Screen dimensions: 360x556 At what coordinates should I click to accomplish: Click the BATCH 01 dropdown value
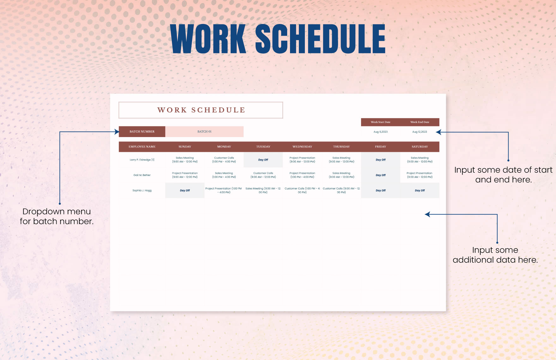point(204,132)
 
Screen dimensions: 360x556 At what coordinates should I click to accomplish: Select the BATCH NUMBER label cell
point(142,132)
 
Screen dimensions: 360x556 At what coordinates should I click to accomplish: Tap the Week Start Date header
point(380,122)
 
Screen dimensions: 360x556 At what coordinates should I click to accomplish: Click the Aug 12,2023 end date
point(420,132)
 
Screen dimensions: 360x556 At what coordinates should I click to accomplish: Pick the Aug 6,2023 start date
point(380,132)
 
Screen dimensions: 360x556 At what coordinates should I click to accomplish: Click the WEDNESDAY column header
point(302,147)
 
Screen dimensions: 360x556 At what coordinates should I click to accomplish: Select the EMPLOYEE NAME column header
point(142,147)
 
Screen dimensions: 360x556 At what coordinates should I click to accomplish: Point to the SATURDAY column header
point(420,147)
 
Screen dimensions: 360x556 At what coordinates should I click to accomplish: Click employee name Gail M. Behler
point(142,175)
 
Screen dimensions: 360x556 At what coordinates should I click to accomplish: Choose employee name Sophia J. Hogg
point(142,191)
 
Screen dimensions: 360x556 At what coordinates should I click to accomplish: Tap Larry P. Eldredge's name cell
point(142,160)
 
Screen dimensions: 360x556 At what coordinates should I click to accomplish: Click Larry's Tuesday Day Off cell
point(263,160)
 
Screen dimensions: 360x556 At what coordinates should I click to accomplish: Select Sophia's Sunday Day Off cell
point(185,191)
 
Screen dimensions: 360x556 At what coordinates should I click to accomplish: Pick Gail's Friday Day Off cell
point(381,175)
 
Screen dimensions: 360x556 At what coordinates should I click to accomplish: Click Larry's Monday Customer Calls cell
point(224,160)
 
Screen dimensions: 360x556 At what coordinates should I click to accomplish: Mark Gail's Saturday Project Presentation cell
point(420,175)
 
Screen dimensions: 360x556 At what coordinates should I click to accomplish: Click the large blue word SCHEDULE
point(320,39)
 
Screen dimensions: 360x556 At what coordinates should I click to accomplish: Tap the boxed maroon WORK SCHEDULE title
point(201,110)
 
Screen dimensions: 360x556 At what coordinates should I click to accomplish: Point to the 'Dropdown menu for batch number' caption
point(57,216)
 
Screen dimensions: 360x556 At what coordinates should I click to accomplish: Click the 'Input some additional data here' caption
point(495,255)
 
